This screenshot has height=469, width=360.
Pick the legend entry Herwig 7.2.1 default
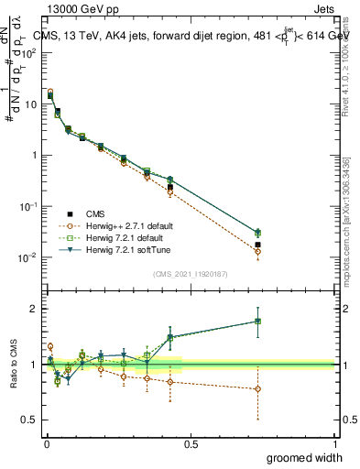128,237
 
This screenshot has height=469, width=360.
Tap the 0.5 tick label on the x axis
191,443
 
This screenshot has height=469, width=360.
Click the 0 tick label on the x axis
46,443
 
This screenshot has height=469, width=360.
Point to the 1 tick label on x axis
336,443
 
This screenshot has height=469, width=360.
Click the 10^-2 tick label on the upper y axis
27,257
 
